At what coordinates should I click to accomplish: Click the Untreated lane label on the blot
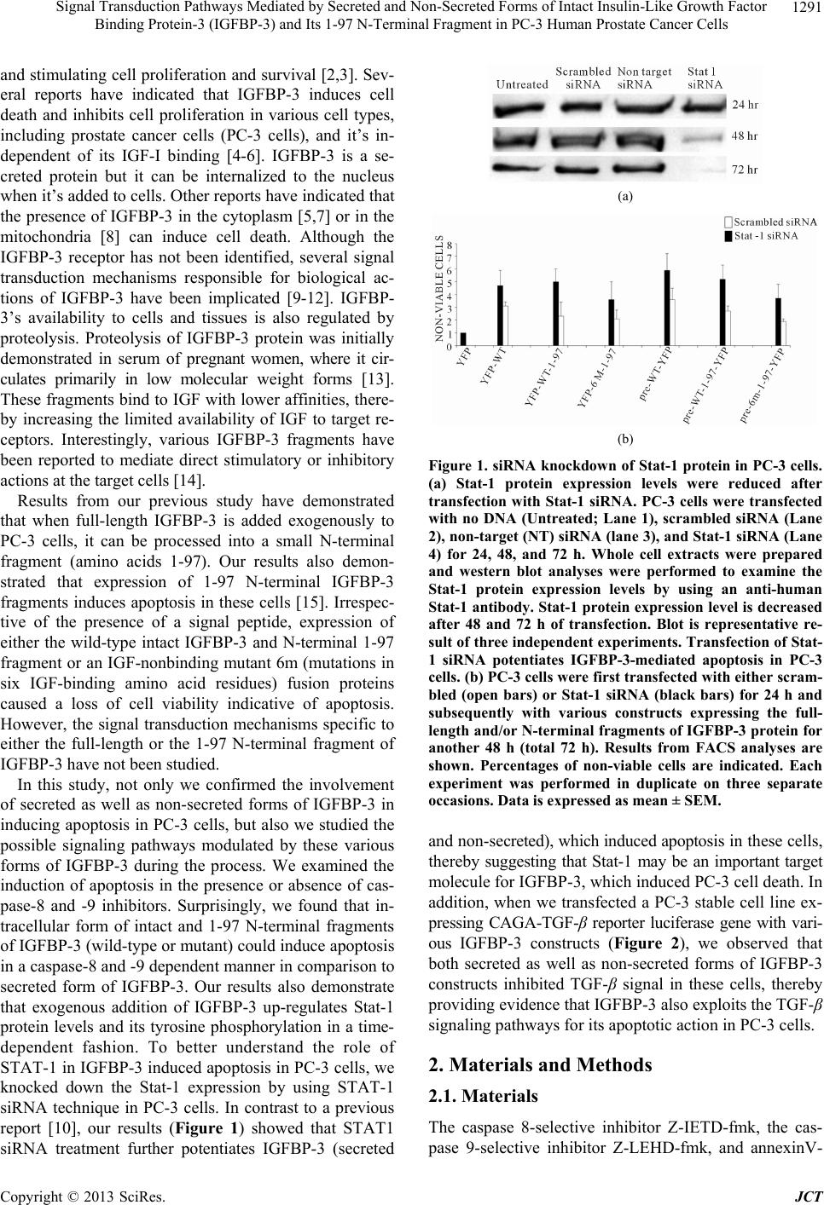(522, 84)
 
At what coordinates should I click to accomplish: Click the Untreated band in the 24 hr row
(523, 107)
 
